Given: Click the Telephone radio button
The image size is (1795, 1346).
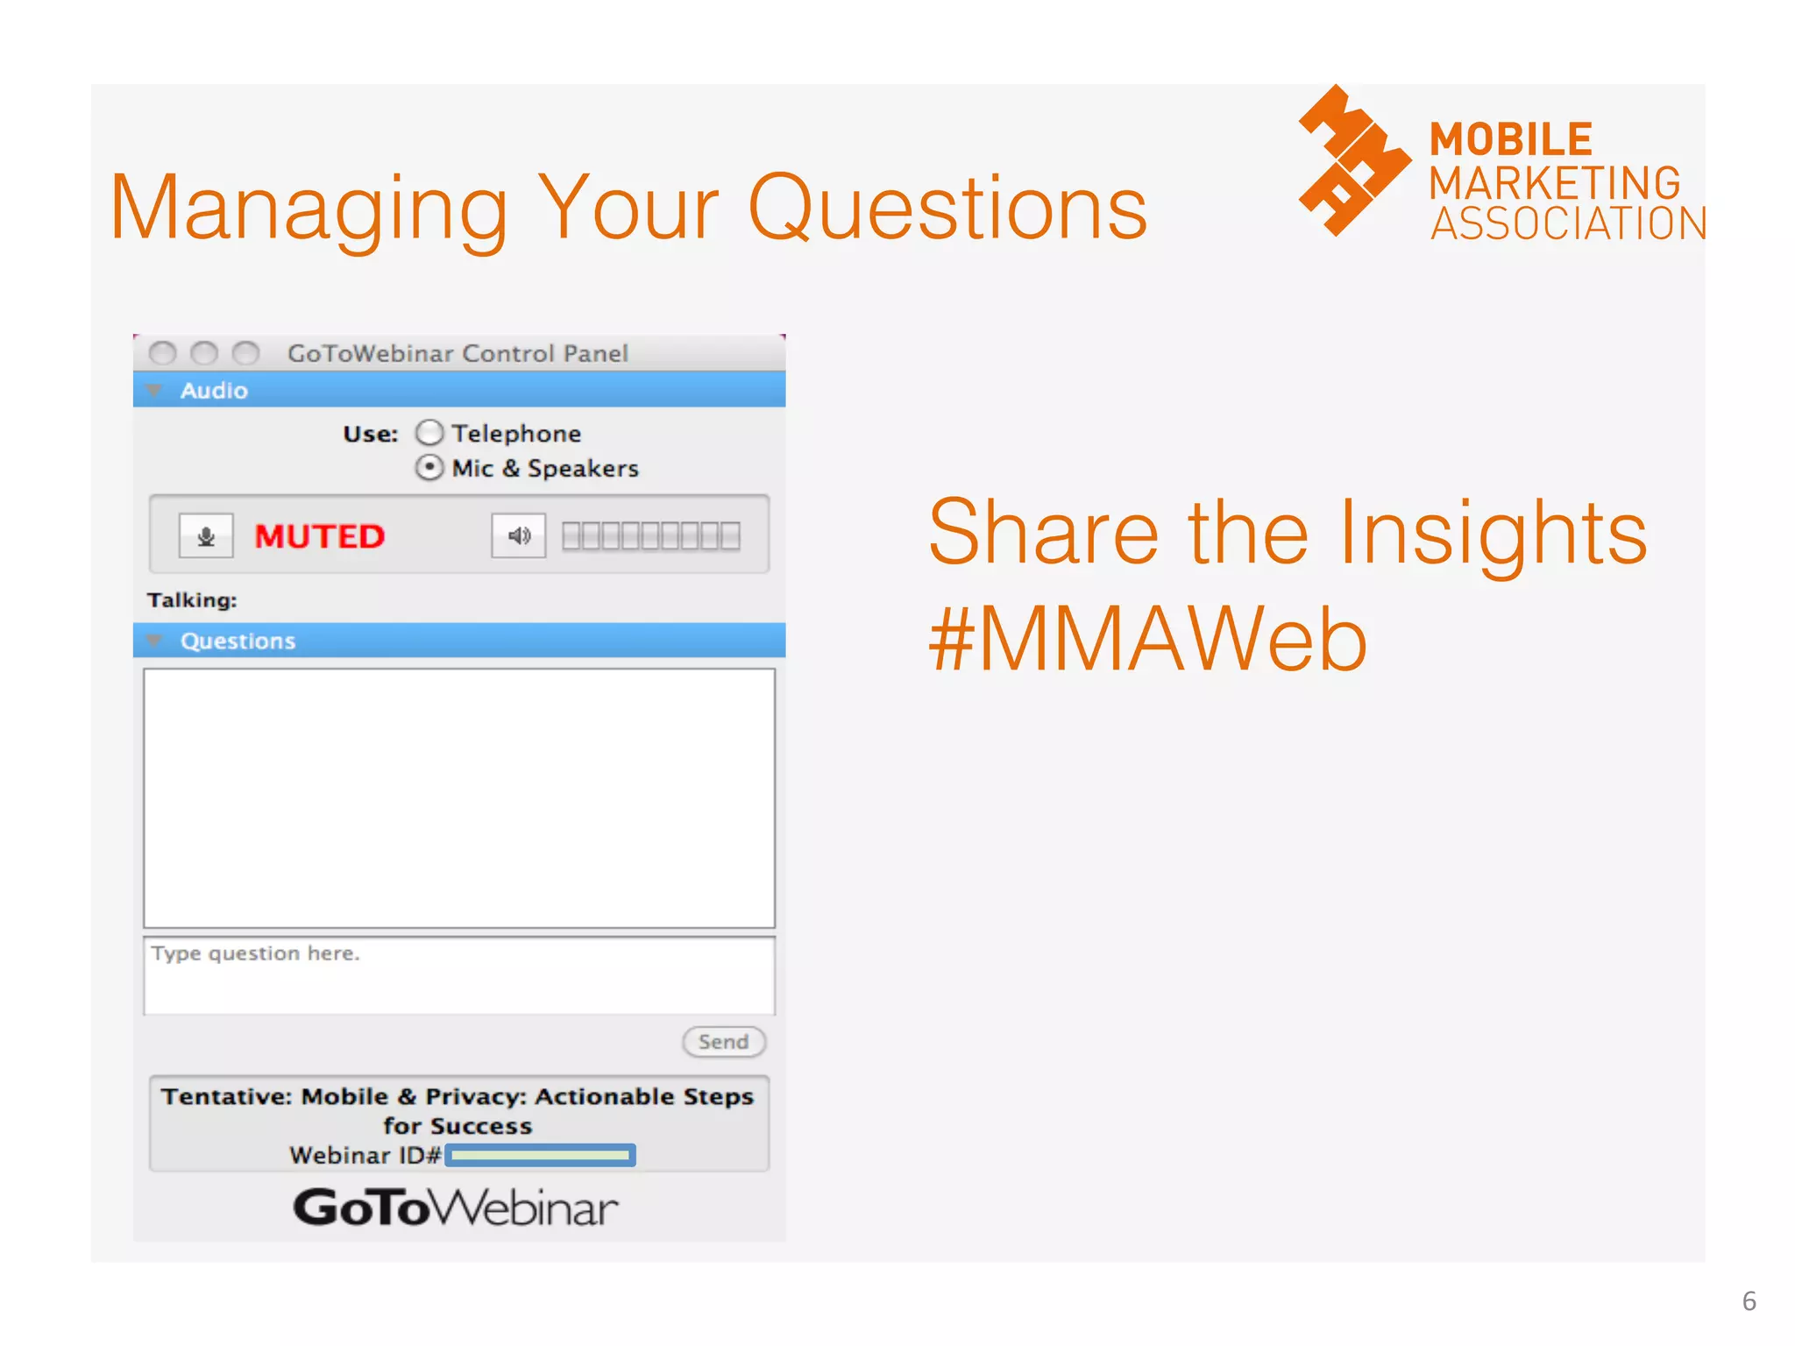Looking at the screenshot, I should pyautogui.click(x=429, y=433).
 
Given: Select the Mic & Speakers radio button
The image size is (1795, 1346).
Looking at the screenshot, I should pyautogui.click(x=429, y=468).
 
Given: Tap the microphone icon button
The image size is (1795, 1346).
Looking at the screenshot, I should pyautogui.click(x=206, y=535).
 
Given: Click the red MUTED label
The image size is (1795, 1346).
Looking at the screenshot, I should pyautogui.click(x=319, y=536).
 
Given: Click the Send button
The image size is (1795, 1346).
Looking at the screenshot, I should pyautogui.click(x=723, y=1042).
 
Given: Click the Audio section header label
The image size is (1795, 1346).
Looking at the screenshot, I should pyautogui.click(x=214, y=391).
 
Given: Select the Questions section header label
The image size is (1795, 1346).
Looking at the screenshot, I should pyautogui.click(x=238, y=641).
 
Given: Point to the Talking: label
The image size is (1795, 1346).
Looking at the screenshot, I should pyautogui.click(x=192, y=600).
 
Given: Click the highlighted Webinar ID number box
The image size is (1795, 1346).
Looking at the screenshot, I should pyautogui.click(x=540, y=1156).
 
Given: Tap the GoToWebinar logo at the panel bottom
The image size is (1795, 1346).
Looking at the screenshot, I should pyautogui.click(x=456, y=1208).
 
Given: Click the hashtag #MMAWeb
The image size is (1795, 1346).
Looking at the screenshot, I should pyautogui.click(x=1147, y=641).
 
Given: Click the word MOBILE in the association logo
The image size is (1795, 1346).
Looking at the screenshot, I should pyautogui.click(x=1510, y=139).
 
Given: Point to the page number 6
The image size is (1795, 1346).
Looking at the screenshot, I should pyautogui.click(x=1749, y=1301).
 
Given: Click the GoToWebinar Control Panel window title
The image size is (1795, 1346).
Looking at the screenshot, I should pyautogui.click(x=458, y=353).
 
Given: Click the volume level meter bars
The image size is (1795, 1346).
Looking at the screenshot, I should pyautogui.click(x=650, y=535).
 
